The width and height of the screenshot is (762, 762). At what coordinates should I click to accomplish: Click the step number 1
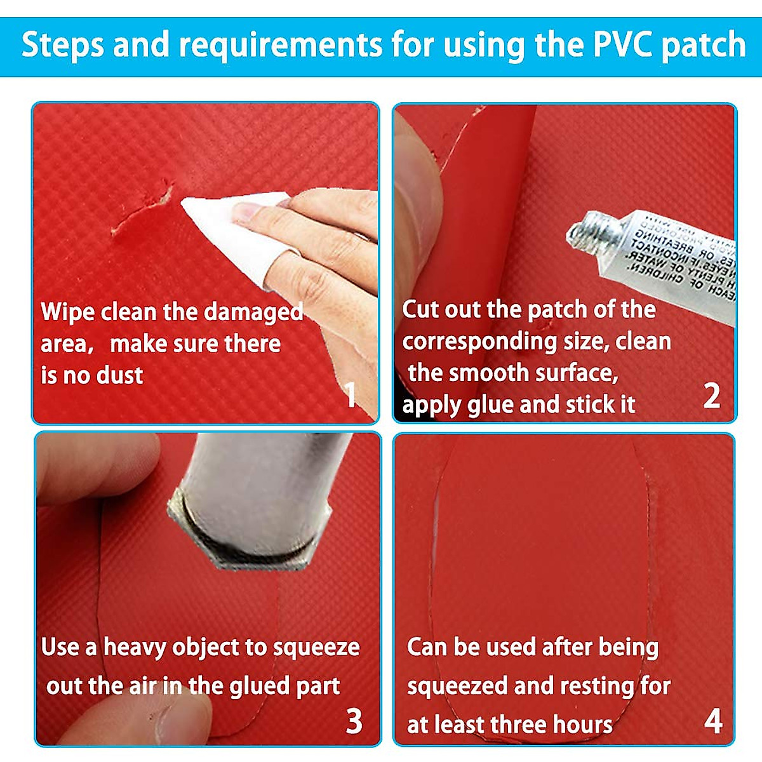tap(351, 395)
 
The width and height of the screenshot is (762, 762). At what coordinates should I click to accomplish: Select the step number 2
tap(712, 396)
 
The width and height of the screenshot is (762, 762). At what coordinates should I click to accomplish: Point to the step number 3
tap(354, 721)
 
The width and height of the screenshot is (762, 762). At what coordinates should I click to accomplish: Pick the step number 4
tap(713, 721)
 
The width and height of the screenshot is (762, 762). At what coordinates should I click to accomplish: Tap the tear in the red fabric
tap(143, 213)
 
